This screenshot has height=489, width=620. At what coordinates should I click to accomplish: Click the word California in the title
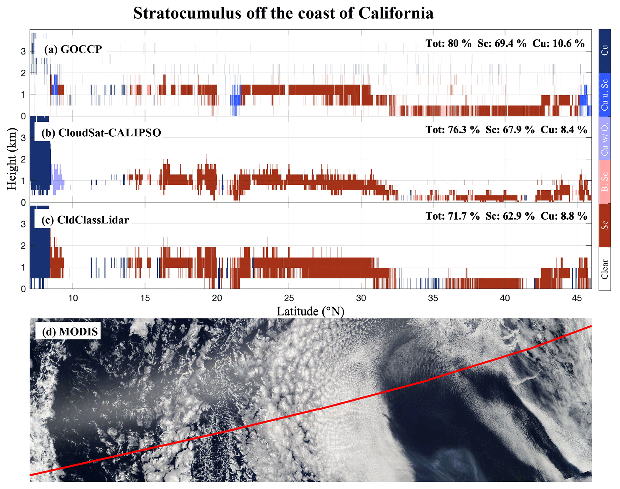pos(396,13)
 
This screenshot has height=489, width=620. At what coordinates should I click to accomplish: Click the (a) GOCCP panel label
pos(73,49)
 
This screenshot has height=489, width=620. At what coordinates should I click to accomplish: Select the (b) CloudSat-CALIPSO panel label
pos(101,133)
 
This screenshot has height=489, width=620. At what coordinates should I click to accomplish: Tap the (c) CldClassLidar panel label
pos(85,220)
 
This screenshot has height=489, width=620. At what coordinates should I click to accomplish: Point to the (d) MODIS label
pos(70,332)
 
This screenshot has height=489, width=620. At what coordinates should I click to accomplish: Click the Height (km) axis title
pos(12,159)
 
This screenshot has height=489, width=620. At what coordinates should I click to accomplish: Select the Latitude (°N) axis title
pos(310,311)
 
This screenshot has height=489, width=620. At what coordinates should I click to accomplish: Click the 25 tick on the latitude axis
pos(289,298)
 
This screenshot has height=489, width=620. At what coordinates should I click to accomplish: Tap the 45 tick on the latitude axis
pos(577,298)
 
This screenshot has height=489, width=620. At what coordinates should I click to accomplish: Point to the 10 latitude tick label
pos(73,298)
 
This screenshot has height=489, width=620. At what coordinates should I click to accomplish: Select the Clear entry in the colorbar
pos(604,268)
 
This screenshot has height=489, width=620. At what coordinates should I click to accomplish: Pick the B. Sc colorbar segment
pos(604,182)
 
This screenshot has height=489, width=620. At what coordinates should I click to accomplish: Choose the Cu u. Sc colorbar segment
pos(604,95)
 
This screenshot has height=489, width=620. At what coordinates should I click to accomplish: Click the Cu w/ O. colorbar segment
pos(604,138)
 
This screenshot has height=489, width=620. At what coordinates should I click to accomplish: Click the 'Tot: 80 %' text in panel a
pos(449,43)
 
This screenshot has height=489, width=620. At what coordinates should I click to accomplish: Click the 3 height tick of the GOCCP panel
pos(23,51)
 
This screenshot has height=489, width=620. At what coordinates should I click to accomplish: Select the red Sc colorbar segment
pos(604,225)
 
